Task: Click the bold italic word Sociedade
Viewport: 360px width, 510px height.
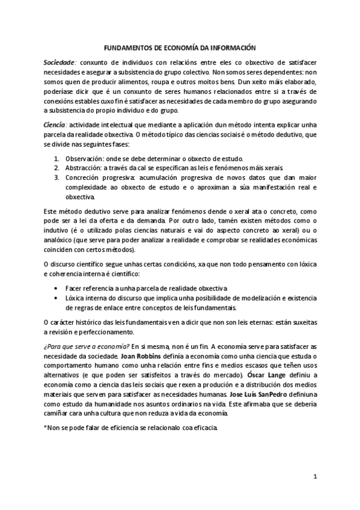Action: click(59, 63)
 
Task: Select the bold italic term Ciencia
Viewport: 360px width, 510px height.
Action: click(55, 124)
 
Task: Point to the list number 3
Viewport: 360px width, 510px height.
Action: click(56, 177)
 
